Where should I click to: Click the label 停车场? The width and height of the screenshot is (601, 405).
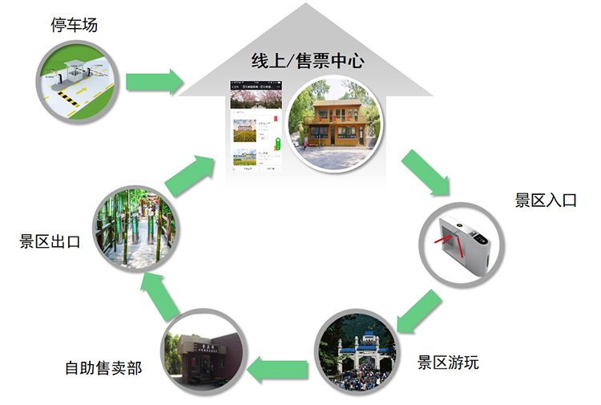(74, 25)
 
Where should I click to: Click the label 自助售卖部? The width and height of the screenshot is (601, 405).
(103, 368)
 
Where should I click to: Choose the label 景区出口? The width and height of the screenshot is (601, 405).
(50, 242)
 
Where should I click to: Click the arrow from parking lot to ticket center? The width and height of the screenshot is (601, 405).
(155, 80)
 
